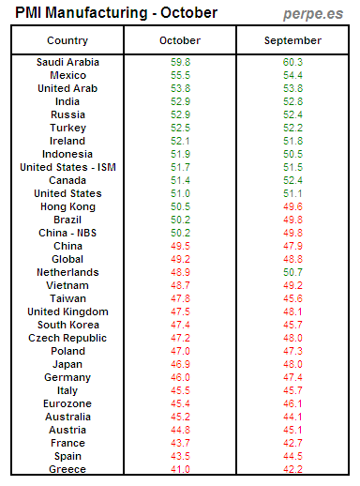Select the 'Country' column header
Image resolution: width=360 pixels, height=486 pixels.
(x=67, y=41)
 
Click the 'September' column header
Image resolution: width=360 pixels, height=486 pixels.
(x=293, y=41)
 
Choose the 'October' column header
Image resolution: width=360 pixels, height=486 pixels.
(x=180, y=41)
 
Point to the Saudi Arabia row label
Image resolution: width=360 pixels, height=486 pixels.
(x=67, y=62)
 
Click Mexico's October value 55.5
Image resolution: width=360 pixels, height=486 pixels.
(x=180, y=75)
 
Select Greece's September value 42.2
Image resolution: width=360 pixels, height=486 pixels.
(x=293, y=469)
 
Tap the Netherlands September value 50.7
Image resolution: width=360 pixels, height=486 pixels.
(x=293, y=272)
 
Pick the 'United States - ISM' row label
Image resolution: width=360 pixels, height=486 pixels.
(x=67, y=167)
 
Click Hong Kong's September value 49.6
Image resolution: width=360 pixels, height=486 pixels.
(x=293, y=206)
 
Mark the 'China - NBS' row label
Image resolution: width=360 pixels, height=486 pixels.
(x=67, y=233)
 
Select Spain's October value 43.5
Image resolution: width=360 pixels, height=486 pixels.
(x=180, y=456)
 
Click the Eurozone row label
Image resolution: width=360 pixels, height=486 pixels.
(x=67, y=403)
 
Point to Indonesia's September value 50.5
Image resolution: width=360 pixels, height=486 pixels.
(x=293, y=154)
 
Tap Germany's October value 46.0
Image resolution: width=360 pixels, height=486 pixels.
(x=180, y=377)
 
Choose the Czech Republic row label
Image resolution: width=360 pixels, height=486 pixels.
(x=67, y=338)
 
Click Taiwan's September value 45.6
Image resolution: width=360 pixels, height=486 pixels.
(x=293, y=298)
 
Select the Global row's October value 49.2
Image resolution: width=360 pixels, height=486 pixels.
(x=180, y=259)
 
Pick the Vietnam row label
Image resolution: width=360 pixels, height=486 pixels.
(x=67, y=285)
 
